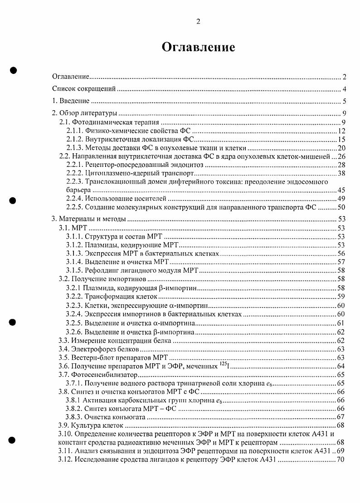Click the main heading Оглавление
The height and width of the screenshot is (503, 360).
click(x=198, y=47)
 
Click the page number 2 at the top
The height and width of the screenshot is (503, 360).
click(x=198, y=21)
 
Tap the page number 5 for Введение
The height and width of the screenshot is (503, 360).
click(x=344, y=101)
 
